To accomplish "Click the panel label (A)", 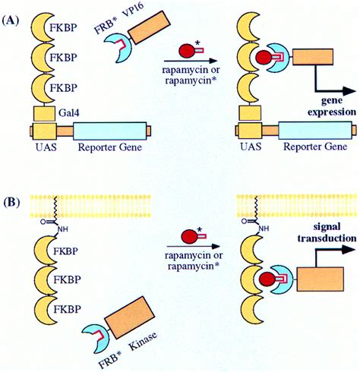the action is point(11,20).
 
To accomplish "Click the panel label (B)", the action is point(11,203).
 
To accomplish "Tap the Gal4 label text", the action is point(69,112).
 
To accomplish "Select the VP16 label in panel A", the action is point(133,12).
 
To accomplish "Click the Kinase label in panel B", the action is point(144,341).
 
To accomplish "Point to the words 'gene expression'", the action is point(332,106).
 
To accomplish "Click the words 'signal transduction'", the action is point(327,232).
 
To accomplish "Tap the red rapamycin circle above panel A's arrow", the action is point(186,51).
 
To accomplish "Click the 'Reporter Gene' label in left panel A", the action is point(110,147).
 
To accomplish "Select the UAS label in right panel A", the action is point(251,147).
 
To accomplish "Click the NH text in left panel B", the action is point(62,229).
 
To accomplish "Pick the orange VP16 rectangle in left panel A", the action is point(149,27).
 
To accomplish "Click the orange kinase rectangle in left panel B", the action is point(130,317).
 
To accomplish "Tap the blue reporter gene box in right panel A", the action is point(315,131).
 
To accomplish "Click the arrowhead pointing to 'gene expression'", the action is point(349,91).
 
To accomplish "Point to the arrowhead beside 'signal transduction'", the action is point(349,249).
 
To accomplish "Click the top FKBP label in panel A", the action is point(63,27).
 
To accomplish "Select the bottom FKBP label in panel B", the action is point(67,309).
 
